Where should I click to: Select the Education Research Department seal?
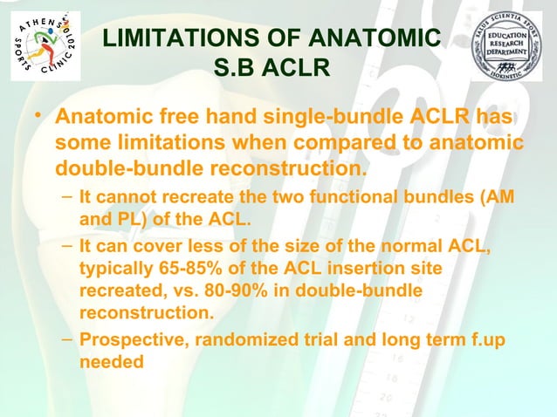tap(507, 49)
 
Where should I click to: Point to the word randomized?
tap(239, 340)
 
